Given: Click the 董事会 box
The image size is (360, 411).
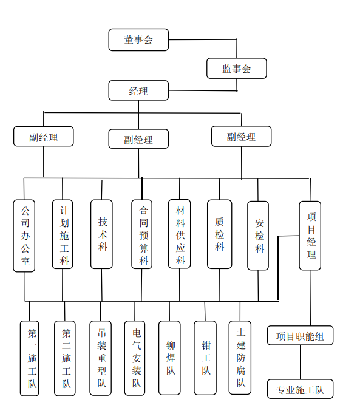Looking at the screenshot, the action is [x=138, y=39].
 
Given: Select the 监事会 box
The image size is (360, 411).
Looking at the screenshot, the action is [x=237, y=69].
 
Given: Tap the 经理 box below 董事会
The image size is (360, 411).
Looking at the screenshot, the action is [x=138, y=90].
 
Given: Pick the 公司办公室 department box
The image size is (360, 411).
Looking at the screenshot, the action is [x=24, y=236].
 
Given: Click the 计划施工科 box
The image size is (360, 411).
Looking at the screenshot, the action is [x=63, y=234].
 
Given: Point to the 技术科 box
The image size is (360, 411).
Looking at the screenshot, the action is [x=102, y=234].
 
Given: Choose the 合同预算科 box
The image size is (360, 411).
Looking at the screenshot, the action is [x=142, y=234].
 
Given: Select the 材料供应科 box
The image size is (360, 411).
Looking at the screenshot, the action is [x=180, y=234].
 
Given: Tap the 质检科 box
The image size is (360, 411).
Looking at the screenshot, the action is [x=220, y=234].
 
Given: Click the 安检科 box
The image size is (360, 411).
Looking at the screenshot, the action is [x=258, y=236].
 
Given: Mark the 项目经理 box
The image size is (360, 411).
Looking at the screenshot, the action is [x=310, y=236].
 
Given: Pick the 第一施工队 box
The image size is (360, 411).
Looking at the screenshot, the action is [x=30, y=358].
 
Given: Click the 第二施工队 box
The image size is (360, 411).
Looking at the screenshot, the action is [x=65, y=358].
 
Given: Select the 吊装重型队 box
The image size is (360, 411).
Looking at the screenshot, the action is [x=101, y=358].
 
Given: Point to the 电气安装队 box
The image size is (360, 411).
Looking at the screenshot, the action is [x=135, y=358].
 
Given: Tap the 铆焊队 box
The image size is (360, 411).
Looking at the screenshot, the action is [x=169, y=358].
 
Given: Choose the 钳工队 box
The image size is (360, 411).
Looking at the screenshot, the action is [x=205, y=358].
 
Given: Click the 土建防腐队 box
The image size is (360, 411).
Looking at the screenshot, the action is [x=240, y=358].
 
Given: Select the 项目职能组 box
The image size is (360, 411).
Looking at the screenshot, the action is [x=301, y=336].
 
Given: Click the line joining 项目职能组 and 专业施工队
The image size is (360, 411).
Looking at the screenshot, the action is [x=301, y=362].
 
